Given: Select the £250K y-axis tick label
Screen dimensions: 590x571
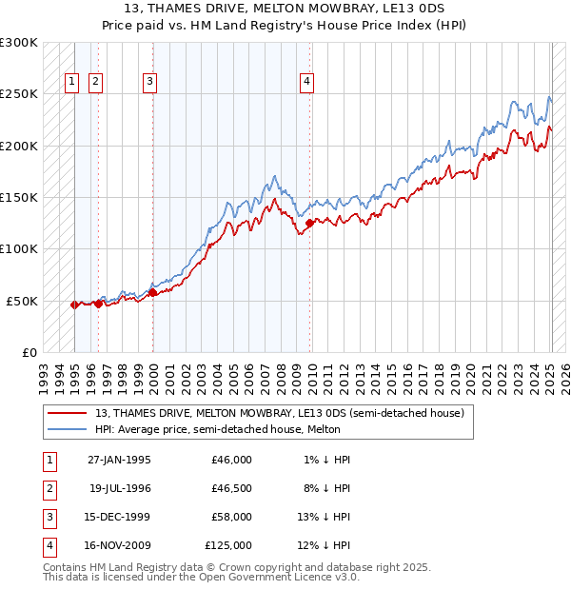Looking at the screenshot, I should point(19,94).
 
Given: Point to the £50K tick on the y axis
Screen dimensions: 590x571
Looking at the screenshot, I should point(23,301).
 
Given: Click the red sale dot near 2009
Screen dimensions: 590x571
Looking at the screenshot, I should point(310,224).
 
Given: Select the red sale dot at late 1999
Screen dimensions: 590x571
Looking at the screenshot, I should point(153,292).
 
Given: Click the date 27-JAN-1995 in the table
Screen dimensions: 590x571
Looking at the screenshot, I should point(119,460).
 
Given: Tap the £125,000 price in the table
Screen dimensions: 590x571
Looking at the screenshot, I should point(228,545).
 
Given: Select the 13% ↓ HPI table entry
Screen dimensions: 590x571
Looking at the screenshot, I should point(324,517).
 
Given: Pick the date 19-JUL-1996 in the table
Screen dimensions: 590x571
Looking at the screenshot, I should point(119,488).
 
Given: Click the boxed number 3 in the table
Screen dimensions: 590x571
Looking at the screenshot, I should point(48,517).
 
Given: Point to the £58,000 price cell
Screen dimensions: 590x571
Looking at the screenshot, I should point(231,517).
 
